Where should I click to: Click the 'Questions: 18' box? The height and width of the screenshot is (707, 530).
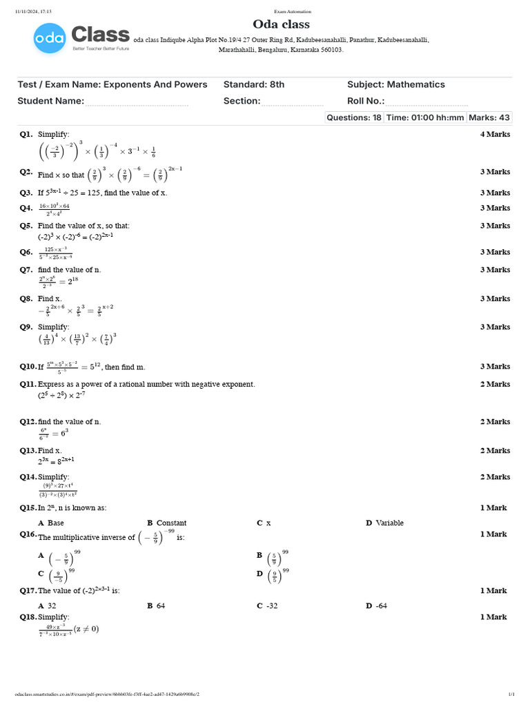coord(354,117)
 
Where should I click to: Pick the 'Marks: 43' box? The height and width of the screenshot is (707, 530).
coord(489,117)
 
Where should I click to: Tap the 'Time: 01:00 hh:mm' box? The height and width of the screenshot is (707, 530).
coord(425,117)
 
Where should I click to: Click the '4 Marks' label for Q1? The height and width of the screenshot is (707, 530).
coord(495,134)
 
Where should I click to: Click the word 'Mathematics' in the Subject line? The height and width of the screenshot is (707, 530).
coord(415,84)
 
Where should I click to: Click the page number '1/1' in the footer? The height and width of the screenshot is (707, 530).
coord(511,694)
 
